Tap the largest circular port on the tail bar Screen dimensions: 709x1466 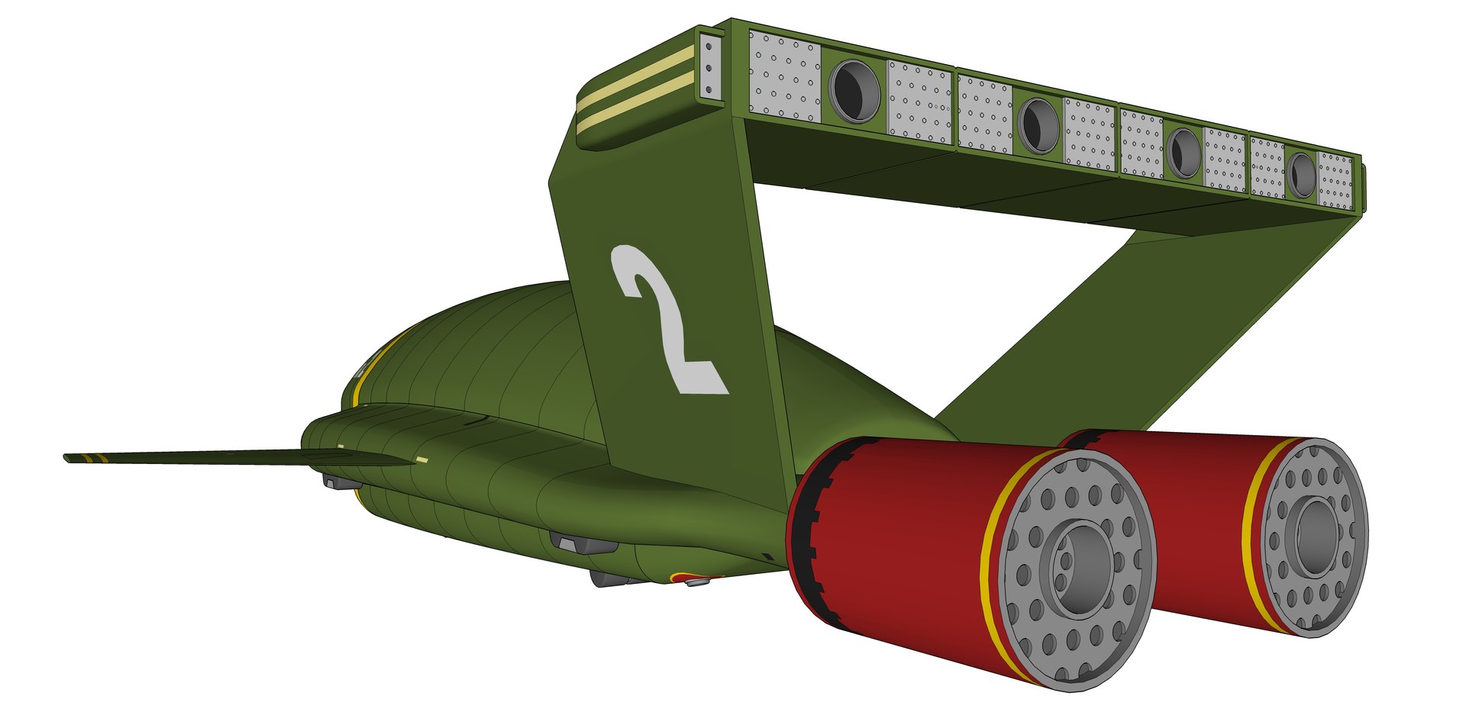[854, 91]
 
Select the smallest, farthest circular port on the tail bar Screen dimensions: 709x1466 [1302, 175]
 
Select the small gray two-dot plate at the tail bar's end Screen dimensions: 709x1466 [710, 69]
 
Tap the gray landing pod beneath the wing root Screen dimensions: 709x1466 [341, 482]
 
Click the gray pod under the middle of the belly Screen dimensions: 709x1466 [584, 543]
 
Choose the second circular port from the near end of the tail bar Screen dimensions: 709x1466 [1038, 125]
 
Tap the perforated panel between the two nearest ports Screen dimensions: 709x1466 [919, 102]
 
